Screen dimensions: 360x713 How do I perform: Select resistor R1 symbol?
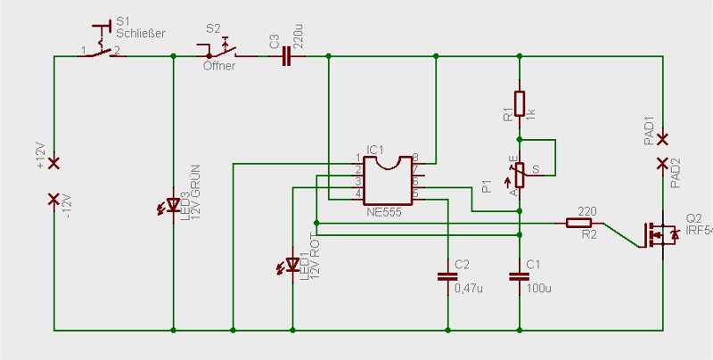point(519,103)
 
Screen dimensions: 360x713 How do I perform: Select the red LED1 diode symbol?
point(293,265)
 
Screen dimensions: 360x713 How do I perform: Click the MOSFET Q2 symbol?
point(660,234)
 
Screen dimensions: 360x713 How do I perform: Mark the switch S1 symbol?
point(105,45)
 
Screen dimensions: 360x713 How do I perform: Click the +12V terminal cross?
point(54,163)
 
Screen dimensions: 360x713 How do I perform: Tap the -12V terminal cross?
point(54,199)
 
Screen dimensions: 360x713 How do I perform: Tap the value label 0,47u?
point(469,288)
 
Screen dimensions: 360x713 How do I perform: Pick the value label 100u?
point(539,288)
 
